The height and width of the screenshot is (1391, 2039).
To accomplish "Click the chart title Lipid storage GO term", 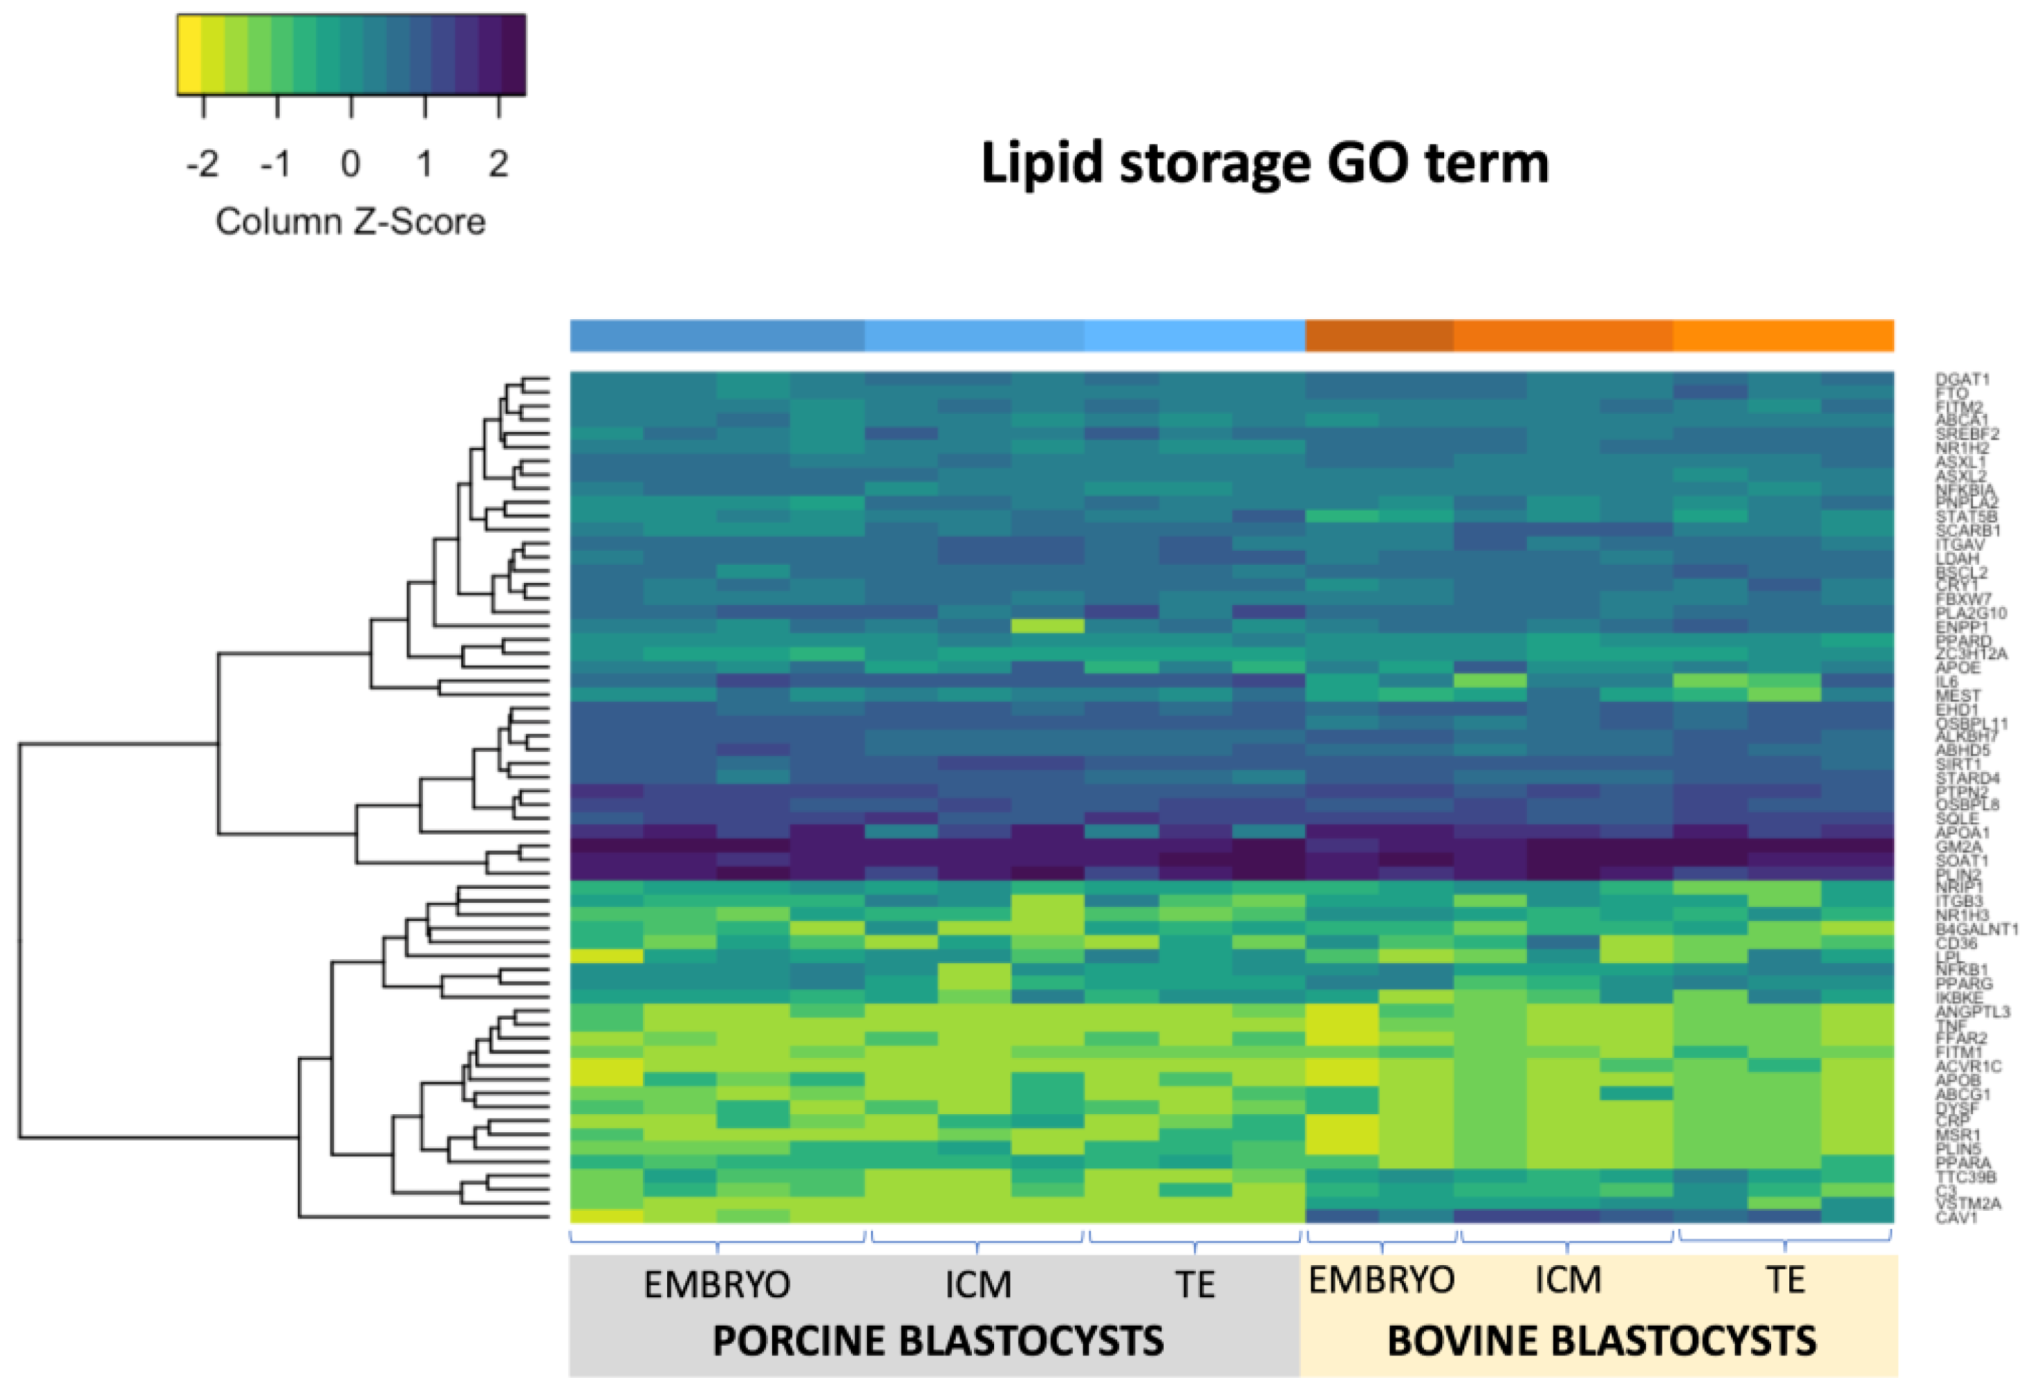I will [x=1264, y=164].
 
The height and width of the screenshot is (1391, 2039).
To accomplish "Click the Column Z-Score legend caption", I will [x=350, y=222].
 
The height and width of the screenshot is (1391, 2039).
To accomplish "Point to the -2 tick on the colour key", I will [x=202, y=164].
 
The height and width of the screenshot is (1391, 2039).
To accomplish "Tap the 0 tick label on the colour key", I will [x=350, y=164].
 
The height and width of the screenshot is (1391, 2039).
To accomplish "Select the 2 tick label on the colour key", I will [x=498, y=164].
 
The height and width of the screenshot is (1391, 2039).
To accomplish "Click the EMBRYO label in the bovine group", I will [x=1381, y=1280].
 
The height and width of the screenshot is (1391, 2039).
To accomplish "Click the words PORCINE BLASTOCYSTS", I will [x=938, y=1341].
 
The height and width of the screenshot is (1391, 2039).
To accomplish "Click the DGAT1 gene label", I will [x=1962, y=379].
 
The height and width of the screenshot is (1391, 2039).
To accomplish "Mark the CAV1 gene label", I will [x=1956, y=1217].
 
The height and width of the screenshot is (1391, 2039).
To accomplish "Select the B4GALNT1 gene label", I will [x=1976, y=928].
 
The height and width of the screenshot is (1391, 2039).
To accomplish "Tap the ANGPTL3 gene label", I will [x=1972, y=1011].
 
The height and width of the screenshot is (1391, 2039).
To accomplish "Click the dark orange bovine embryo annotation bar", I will [x=1378, y=336].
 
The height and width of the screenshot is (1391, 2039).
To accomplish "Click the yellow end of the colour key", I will [x=189, y=54].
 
